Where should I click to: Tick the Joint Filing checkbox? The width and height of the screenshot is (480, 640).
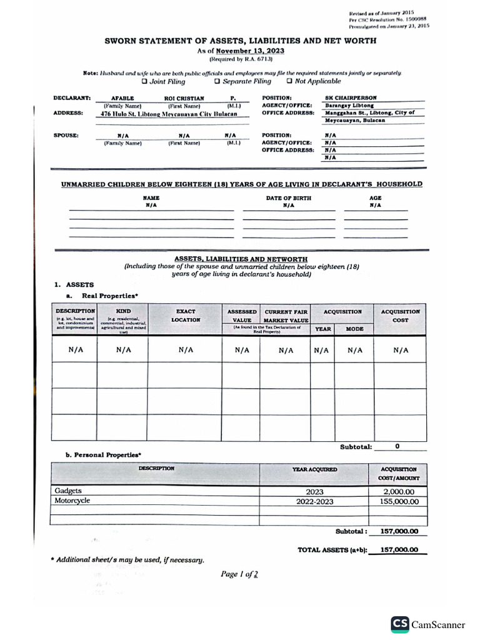pos(144,81)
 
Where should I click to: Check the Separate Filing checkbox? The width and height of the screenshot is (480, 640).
pos(217,81)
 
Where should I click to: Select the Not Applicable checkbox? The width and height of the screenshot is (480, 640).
pos(289,81)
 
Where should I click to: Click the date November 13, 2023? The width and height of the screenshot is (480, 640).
pos(242,50)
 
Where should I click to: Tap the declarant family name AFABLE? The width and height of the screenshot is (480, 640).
pos(122,98)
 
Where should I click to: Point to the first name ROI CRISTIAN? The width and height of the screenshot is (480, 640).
pos(183,98)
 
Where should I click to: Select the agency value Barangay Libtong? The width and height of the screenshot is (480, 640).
pos(349,106)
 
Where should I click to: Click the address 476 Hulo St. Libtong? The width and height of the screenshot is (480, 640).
pos(165,114)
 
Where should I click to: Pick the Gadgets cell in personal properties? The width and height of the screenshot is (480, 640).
pos(68,491)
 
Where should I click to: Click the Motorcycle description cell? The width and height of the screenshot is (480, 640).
pos(72,501)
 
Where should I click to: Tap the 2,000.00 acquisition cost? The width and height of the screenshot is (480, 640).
pos(398,492)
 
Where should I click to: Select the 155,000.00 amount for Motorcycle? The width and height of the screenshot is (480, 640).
pos(398,501)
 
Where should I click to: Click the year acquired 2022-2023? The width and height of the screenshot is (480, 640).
pos(314,501)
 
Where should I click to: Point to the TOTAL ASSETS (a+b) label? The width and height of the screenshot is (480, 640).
pos(332,550)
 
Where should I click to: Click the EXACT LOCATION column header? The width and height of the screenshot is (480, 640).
pos(186,315)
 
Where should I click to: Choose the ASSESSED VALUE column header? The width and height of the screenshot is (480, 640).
pos(241,315)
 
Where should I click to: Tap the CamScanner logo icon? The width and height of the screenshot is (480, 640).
pos(399,624)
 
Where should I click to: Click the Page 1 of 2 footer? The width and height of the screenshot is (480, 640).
pos(239,574)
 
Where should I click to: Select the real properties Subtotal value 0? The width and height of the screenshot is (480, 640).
pos(397,446)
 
